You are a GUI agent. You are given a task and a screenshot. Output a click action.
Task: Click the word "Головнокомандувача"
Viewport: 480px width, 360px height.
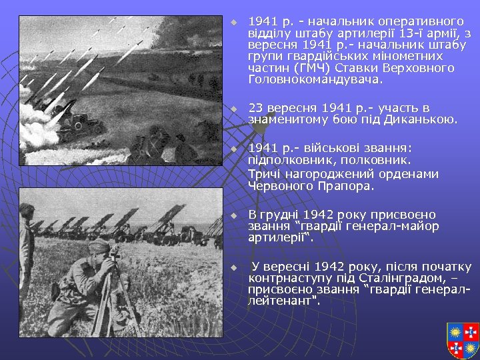[x=315, y=79]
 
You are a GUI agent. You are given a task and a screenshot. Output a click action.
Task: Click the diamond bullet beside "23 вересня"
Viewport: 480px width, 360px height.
[x=233, y=109]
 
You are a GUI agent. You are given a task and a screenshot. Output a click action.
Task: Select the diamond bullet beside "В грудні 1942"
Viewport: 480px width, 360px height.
[x=233, y=215]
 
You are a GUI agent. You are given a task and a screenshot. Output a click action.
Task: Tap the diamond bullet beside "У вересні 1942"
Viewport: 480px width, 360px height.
[x=233, y=267]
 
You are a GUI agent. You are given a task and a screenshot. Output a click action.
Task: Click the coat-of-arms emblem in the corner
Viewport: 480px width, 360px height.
[x=463, y=340]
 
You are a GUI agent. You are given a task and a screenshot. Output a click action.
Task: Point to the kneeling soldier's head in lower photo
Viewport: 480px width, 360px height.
[x=99, y=248]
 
